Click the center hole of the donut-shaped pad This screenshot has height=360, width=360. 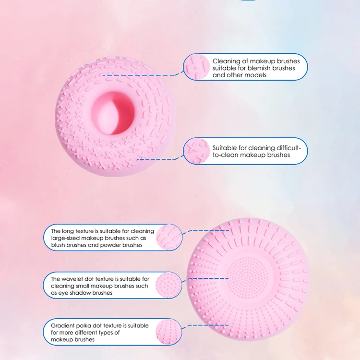pyautogui.click(x=113, y=113)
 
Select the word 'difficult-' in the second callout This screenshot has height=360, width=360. pyautogui.click(x=286, y=148)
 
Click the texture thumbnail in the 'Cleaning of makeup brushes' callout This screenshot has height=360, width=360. pyautogui.click(x=196, y=67)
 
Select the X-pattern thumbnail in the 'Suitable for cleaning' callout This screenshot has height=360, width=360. pyautogui.click(x=196, y=151)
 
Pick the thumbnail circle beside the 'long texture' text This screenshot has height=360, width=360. pyautogui.click(x=169, y=237)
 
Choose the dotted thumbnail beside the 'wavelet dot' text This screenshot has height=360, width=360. pyautogui.click(x=169, y=285)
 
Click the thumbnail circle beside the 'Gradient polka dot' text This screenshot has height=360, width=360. pyautogui.click(x=169, y=332)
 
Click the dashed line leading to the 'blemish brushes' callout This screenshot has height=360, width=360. pyautogui.click(x=144, y=75)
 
